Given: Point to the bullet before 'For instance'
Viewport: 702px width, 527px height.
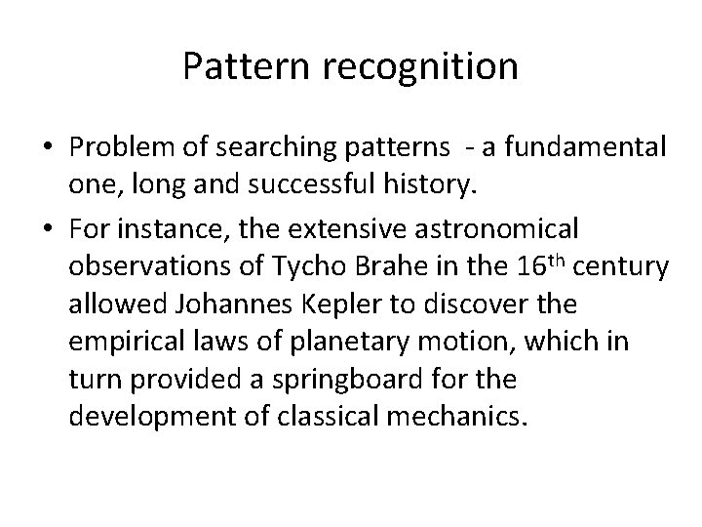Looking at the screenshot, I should [48, 229].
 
